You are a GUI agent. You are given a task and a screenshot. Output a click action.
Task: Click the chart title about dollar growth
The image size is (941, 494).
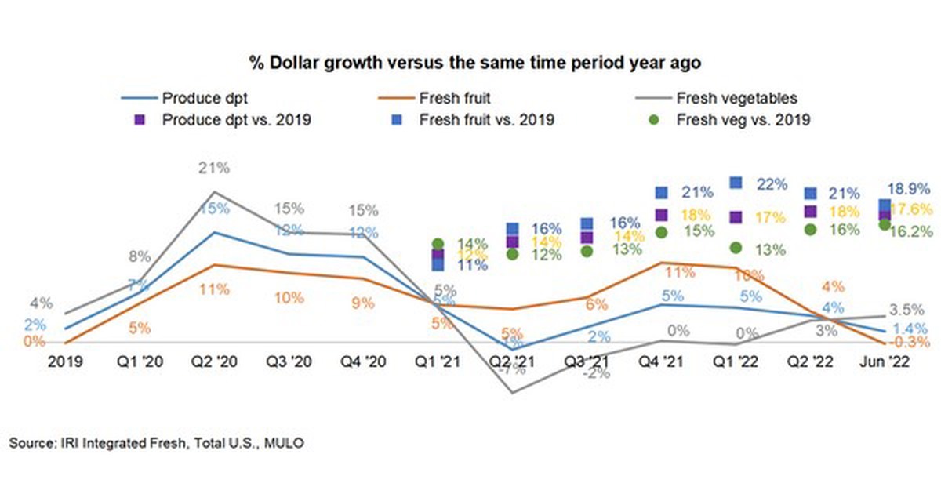point(470,61)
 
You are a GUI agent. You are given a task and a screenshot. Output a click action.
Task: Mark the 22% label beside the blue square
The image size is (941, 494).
point(772,184)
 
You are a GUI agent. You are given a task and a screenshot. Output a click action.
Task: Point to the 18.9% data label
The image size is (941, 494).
point(909,189)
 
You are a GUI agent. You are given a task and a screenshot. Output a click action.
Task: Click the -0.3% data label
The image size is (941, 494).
point(910,343)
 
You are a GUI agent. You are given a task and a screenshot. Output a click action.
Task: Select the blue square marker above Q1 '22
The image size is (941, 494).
point(736,183)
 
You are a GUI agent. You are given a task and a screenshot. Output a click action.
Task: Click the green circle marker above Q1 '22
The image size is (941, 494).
point(736,248)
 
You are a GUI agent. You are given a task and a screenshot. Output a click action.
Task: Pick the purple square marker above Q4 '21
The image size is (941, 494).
point(661,215)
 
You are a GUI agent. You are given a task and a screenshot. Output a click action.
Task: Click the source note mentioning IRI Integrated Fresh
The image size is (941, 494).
point(156,444)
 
